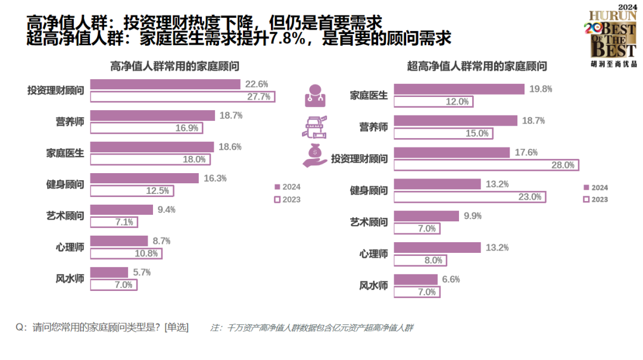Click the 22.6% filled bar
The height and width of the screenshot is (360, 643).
165,84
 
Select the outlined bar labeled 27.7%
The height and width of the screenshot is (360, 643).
182,96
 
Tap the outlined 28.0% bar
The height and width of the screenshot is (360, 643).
486,165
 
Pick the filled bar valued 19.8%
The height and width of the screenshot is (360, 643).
459,89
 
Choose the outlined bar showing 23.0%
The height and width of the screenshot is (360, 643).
470,196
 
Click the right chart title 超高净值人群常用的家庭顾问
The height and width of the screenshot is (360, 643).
477,66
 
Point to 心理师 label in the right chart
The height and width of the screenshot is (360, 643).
374,253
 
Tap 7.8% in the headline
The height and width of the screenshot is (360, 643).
288,39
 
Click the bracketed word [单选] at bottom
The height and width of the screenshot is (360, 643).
176,327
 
